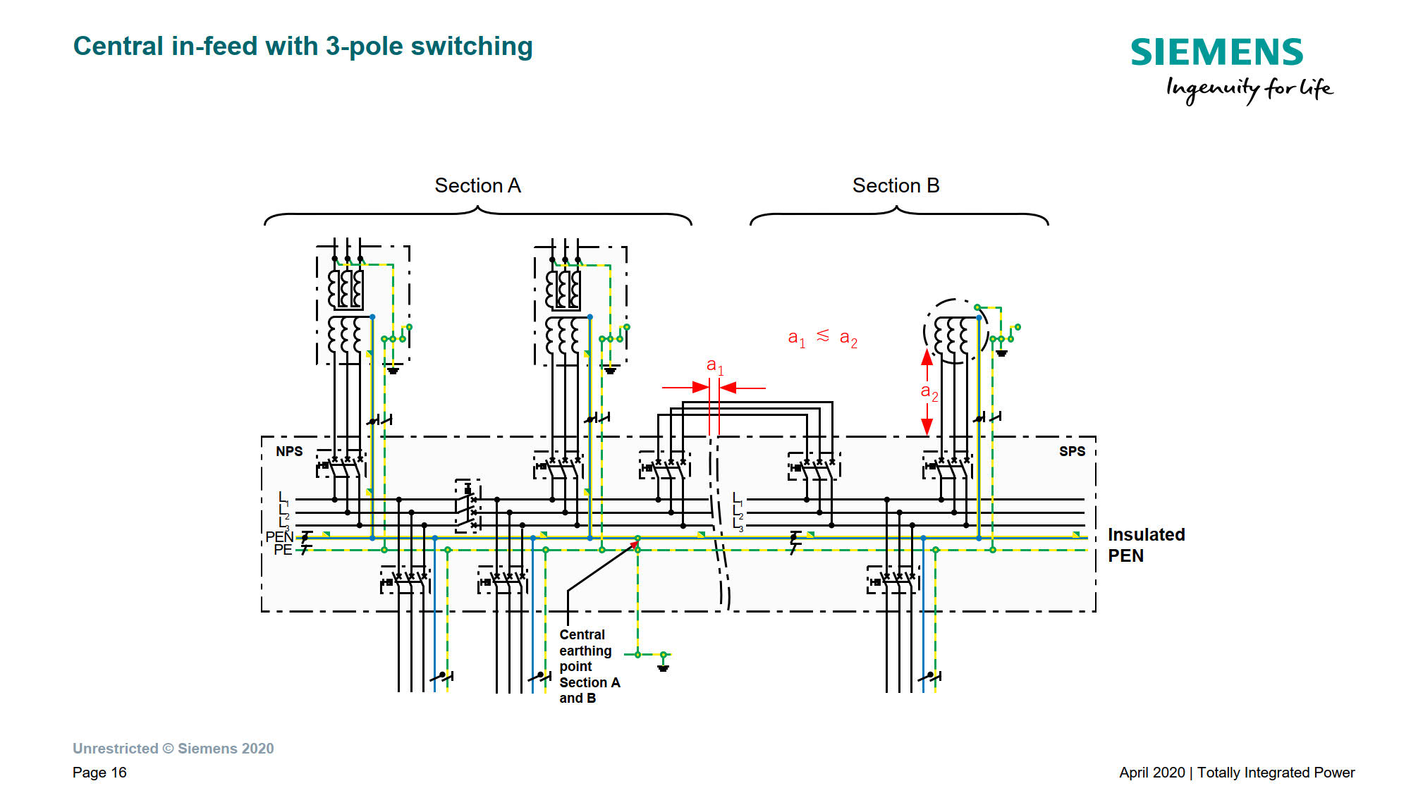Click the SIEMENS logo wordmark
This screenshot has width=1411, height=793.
[1216, 53]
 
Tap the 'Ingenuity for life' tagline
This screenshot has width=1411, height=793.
[1249, 89]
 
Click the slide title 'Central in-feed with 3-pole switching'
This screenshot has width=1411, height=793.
[303, 47]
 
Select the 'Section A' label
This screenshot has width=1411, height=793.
[477, 185]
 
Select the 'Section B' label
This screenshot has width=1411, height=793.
[896, 185]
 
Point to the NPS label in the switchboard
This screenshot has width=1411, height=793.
[289, 451]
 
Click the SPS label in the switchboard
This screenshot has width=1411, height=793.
[1072, 451]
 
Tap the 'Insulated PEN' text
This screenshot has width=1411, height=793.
[1146, 545]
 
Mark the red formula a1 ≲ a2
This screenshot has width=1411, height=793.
[822, 338]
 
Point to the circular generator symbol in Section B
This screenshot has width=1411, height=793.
[955, 331]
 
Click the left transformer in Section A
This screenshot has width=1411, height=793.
[362, 305]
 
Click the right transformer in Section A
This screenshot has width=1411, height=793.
[580, 305]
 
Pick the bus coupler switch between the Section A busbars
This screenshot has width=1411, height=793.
[468, 506]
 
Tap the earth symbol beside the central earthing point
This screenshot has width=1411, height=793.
[663, 666]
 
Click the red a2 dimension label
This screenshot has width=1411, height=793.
[929, 392]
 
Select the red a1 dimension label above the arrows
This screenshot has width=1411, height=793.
[715, 366]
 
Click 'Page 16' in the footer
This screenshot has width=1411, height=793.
[99, 773]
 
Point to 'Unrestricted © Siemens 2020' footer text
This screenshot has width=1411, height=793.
[173, 749]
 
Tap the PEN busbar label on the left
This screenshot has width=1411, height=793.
[279, 537]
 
